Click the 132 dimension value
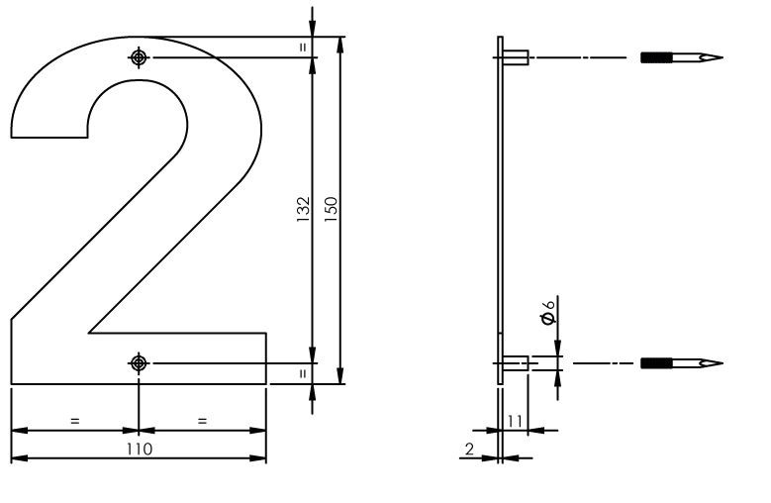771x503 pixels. click(x=304, y=208)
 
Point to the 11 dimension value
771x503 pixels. click(x=515, y=421)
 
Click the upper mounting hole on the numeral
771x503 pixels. click(x=138, y=57)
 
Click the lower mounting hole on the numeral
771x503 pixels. click(x=138, y=363)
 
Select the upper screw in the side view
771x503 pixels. click(x=682, y=57)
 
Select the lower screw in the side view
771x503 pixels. click(x=682, y=363)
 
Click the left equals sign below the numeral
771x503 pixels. click(x=74, y=421)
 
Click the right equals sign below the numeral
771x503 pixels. click(x=202, y=421)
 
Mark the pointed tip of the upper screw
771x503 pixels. click(x=720, y=57)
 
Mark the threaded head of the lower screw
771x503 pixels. click(x=656, y=363)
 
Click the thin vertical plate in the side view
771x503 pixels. click(x=500, y=208)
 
